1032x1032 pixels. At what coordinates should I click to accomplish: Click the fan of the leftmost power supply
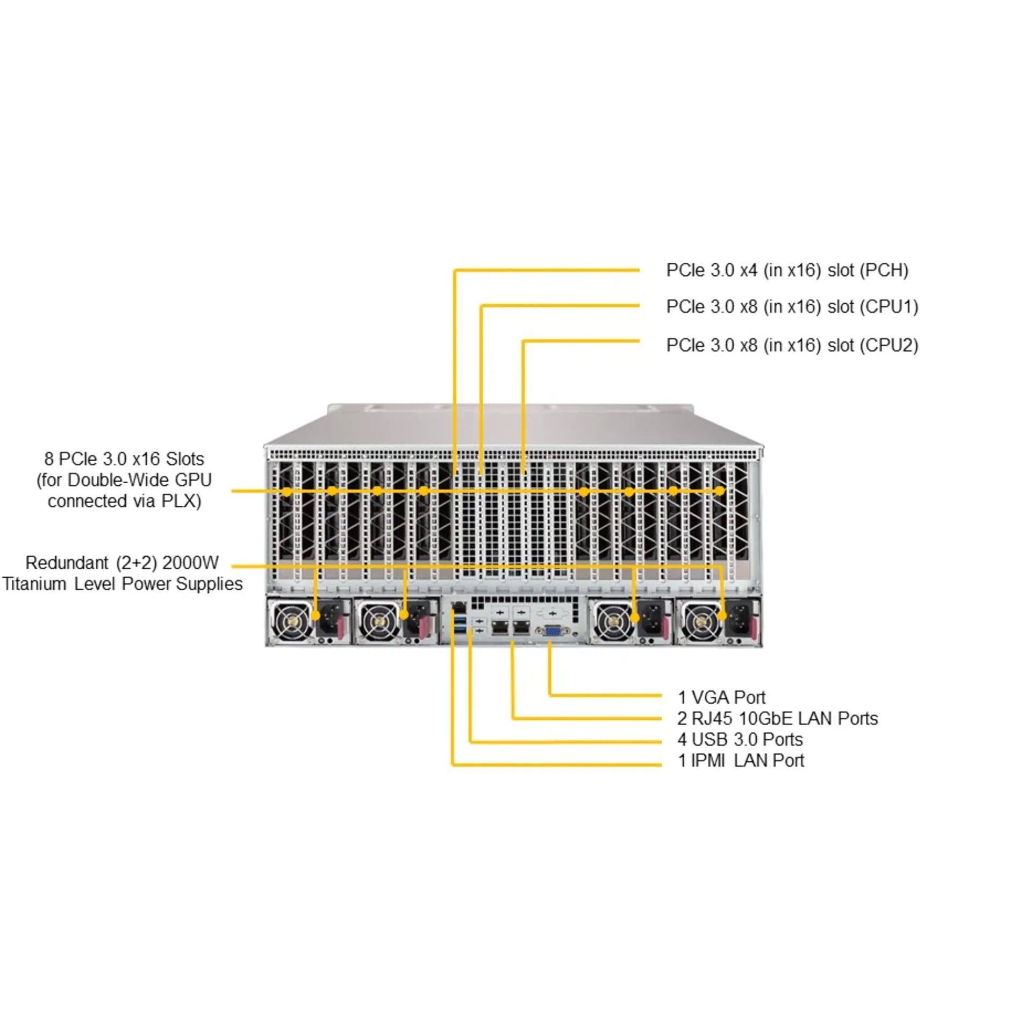[290, 622]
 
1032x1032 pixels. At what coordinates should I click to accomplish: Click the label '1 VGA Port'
[721, 698]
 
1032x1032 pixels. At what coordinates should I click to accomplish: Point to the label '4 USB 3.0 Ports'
[740, 740]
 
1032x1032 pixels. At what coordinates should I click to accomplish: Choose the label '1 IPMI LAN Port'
[741, 761]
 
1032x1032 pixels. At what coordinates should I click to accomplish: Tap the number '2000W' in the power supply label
[190, 563]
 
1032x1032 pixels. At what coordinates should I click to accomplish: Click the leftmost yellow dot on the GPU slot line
[287, 491]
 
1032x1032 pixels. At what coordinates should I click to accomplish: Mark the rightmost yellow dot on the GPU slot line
[719, 491]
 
